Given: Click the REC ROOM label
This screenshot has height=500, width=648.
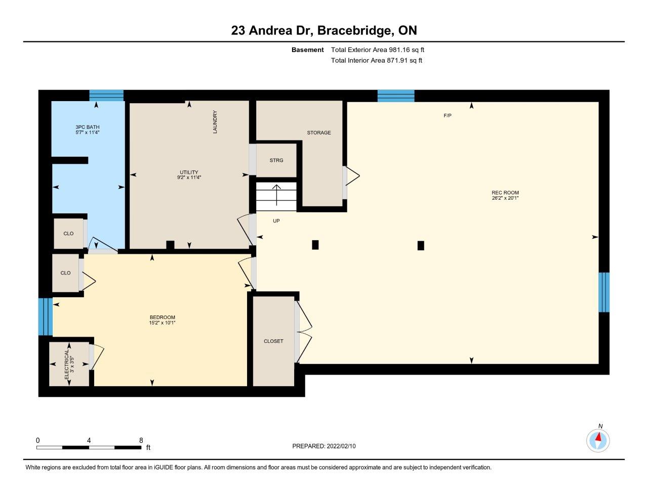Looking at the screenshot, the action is point(505,193).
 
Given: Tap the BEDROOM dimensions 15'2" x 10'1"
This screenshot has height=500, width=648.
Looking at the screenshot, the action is point(162,323).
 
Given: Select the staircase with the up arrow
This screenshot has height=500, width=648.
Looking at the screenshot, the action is point(276,197).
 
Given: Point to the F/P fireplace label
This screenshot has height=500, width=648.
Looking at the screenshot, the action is point(448,116).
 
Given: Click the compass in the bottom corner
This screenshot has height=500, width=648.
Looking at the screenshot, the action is point(598,440).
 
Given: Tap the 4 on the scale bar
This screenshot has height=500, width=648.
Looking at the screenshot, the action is point(89,440).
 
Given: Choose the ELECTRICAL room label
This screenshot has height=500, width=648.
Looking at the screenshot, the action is point(66,364).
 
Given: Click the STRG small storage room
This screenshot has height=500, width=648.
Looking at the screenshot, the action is point(276,160).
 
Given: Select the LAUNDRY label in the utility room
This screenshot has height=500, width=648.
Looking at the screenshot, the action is point(215,122).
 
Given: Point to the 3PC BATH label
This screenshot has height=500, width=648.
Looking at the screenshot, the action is point(88,127).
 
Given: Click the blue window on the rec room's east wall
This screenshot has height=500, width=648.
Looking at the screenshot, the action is point(604,292).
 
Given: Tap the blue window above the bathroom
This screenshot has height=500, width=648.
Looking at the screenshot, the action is point(106,95).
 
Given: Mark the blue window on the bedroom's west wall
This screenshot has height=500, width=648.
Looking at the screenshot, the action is point(46,316).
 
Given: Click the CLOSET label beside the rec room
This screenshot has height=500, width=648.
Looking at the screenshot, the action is point(273,341).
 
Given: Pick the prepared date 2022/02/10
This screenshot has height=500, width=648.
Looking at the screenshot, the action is point(341,446).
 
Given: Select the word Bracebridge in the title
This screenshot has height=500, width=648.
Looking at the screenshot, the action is point(354,31).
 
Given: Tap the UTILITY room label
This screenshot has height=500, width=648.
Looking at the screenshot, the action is point(189,172).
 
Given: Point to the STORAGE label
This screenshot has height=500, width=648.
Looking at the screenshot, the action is point(319,133).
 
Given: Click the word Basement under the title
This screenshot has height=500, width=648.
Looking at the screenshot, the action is point(307,50).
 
